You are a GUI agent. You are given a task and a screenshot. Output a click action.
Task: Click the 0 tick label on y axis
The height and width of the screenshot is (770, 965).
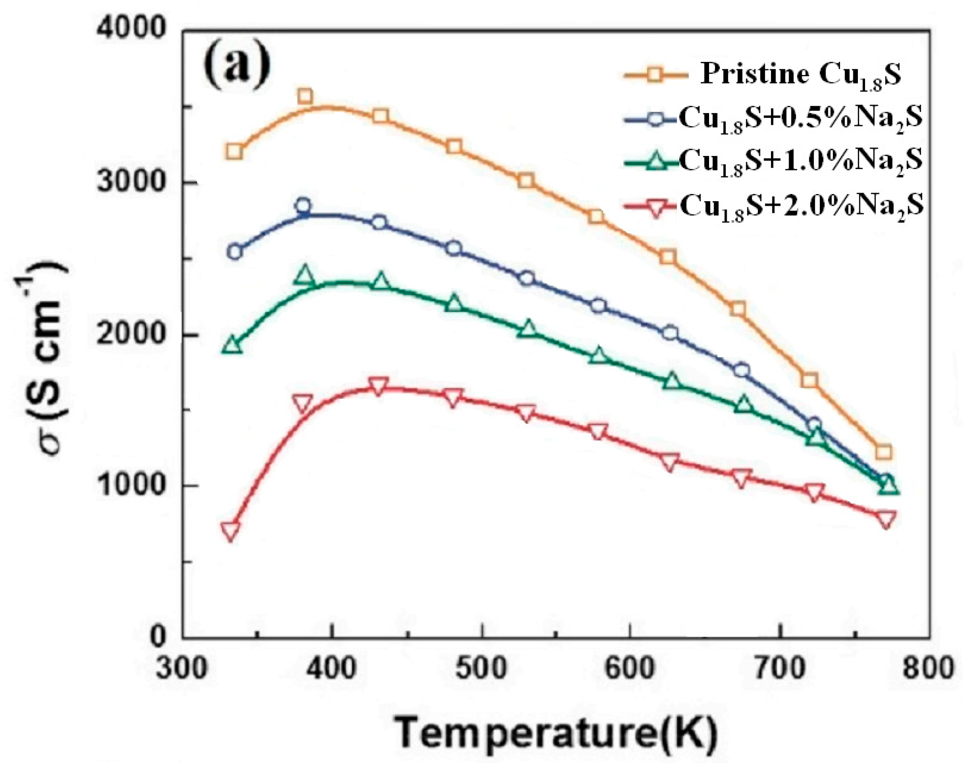coord(158,637)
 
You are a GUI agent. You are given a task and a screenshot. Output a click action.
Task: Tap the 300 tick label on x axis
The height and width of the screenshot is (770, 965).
coord(182,668)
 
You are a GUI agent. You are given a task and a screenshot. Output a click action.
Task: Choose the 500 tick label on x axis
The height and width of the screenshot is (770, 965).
coord(481,668)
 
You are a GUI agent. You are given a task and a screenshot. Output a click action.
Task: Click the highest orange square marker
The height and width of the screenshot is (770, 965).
coord(305,96)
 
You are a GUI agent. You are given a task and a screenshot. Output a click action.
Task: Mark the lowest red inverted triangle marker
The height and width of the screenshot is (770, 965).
coord(231,530)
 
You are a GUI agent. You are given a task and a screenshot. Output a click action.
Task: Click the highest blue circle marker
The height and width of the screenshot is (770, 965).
coord(303,206)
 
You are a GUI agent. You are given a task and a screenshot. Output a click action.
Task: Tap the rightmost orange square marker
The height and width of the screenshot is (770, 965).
coord(883,452)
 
